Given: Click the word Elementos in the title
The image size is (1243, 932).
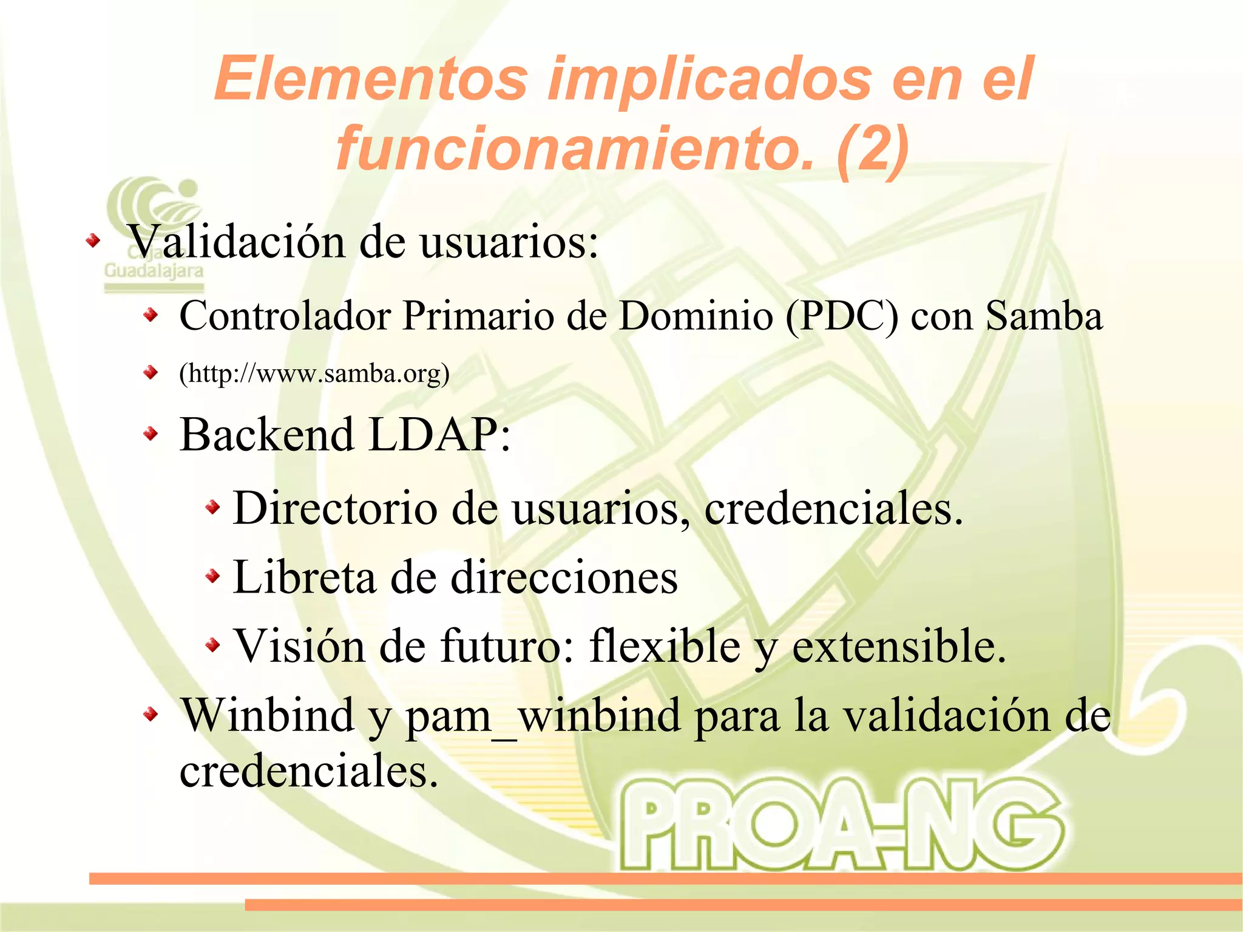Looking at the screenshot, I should [x=370, y=79].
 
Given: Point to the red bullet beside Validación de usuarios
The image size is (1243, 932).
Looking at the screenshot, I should [x=92, y=242].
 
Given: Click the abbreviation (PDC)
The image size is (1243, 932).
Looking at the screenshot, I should [x=841, y=316].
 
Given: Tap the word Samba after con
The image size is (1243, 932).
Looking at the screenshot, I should [x=1044, y=316].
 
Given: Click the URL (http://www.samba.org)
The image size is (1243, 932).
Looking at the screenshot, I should [x=314, y=373].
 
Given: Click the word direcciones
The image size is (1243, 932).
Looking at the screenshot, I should [x=564, y=577].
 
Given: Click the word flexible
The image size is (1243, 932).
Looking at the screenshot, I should [x=665, y=645].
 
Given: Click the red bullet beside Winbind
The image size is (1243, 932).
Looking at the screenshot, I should [x=151, y=715].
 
